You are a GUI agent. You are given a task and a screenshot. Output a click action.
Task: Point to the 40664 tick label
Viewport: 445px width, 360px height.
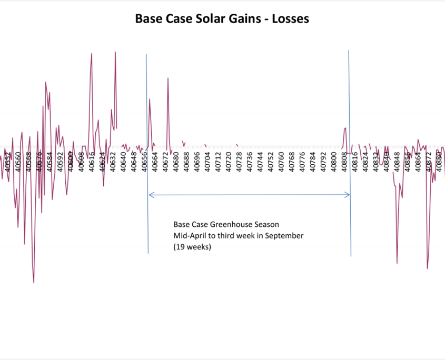point(155,161)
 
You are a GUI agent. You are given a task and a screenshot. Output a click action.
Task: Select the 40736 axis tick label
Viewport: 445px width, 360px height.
point(250,161)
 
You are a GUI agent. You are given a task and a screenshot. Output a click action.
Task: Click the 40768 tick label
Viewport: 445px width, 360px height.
point(292,161)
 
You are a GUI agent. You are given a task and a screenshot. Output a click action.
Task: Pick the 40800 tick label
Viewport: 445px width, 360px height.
point(334,161)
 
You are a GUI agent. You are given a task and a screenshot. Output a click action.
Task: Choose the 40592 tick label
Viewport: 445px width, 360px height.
point(60,161)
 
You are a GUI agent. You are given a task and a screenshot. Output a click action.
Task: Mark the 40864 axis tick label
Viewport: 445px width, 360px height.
point(418,161)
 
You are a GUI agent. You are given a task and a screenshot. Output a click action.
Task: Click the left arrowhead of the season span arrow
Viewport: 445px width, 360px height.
point(151,195)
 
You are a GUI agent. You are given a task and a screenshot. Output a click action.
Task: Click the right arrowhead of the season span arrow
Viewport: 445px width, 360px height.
point(348,195)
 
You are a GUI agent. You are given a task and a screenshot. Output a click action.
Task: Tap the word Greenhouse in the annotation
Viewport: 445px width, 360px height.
point(228,225)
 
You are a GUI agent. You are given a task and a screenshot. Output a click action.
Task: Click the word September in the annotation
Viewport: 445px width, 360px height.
point(285,236)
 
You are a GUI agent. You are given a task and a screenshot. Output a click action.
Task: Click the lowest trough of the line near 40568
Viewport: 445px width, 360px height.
point(34,283)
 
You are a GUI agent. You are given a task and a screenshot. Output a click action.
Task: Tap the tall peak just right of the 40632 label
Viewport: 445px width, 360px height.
point(115,52)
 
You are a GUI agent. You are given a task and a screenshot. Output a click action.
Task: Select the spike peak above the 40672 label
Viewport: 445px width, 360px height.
point(168,78)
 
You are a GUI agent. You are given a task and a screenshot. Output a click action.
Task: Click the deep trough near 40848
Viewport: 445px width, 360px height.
point(397,263)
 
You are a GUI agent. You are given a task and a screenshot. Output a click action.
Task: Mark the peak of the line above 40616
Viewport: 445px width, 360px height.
point(92,54)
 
